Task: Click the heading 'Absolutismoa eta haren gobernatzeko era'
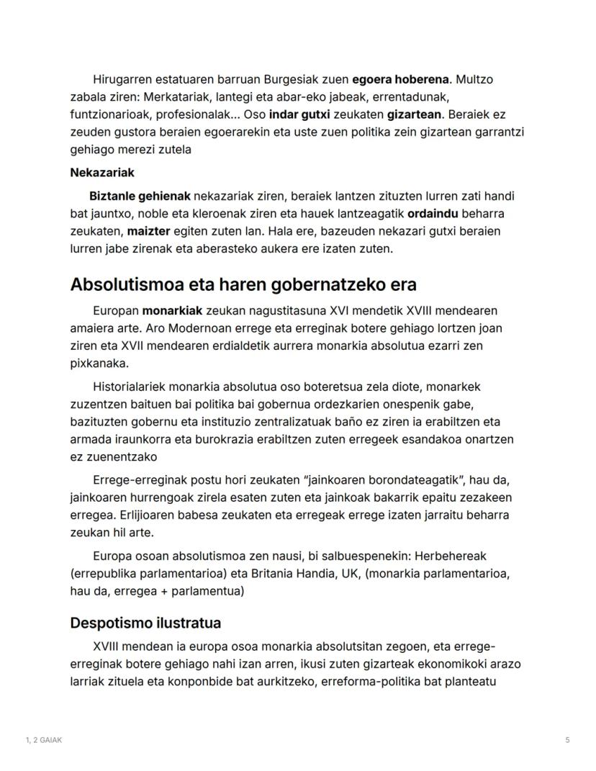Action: [243, 284]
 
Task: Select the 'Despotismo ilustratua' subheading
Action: [145, 623]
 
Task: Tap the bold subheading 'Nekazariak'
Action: [102, 173]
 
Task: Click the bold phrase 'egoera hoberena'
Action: [400, 79]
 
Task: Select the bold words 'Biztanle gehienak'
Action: [140, 196]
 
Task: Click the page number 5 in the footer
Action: [567, 740]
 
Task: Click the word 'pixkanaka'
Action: [99, 364]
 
